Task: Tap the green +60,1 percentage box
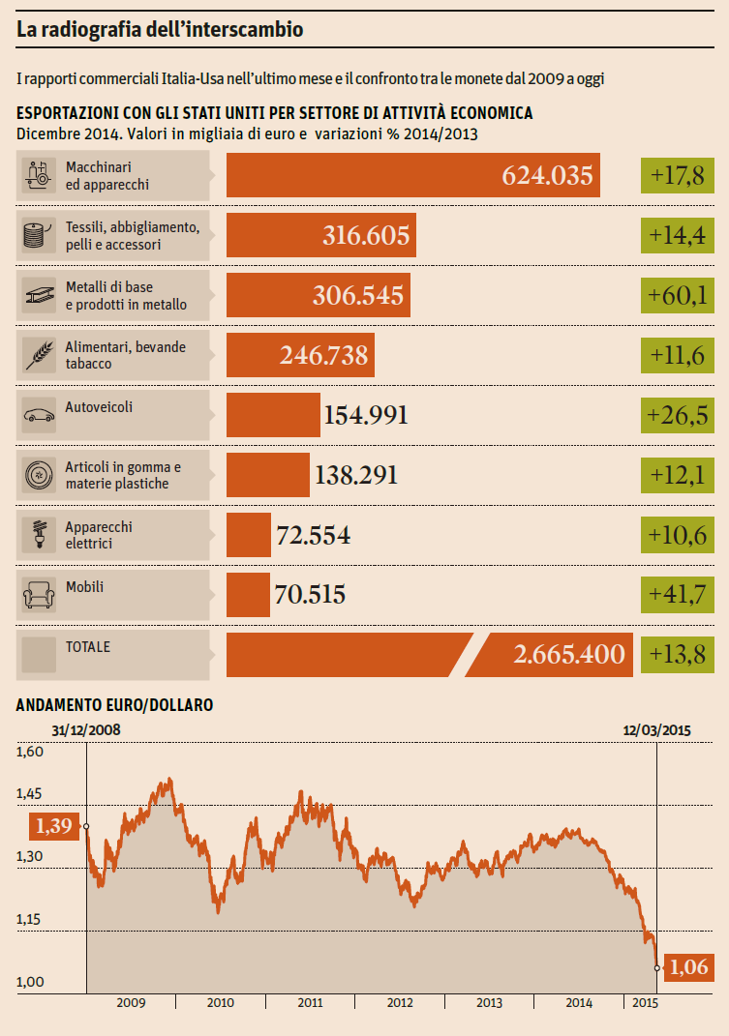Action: pyautogui.click(x=678, y=294)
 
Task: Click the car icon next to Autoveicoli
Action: pyautogui.click(x=40, y=414)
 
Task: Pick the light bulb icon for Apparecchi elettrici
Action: pyautogui.click(x=40, y=534)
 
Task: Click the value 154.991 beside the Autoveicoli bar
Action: pyautogui.click(x=366, y=415)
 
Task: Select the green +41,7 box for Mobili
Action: pyautogui.click(x=678, y=594)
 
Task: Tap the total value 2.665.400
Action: pyautogui.click(x=569, y=654)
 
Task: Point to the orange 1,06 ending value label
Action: pyautogui.click(x=687, y=966)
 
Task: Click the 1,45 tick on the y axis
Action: pyautogui.click(x=31, y=793)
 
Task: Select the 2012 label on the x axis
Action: pyautogui.click(x=400, y=1003)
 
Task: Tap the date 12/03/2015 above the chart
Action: pyautogui.click(x=655, y=729)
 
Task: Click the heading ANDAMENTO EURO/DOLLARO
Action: pyautogui.click(x=114, y=706)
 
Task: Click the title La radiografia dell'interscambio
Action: pyautogui.click(x=160, y=31)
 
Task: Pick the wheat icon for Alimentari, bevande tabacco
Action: pyautogui.click(x=40, y=354)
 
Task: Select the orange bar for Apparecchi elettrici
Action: pyautogui.click(x=248, y=534)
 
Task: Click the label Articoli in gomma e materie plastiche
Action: pyautogui.click(x=123, y=475)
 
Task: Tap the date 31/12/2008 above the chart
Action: pyautogui.click(x=86, y=729)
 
